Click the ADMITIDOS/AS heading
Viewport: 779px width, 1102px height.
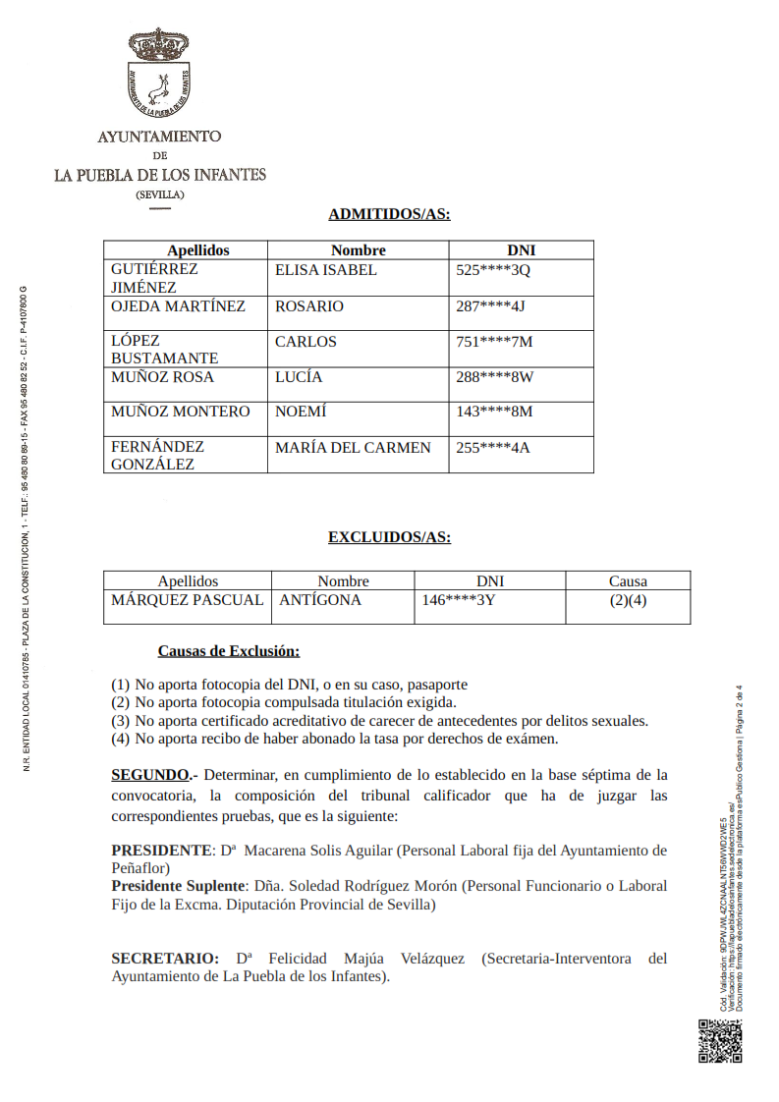389,214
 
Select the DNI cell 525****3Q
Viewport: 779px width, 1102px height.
493,270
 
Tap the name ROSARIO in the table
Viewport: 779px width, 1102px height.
309,306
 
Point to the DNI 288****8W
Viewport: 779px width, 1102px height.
494,377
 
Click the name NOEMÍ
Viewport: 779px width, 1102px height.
301,412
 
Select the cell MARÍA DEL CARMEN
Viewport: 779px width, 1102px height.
353,448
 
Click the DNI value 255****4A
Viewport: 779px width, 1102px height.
493,448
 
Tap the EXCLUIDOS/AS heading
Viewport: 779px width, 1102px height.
389,537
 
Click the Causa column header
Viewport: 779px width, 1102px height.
628,581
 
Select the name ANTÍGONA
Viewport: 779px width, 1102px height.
320,600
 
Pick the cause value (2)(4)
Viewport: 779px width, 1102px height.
628,600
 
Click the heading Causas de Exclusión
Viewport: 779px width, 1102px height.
229,651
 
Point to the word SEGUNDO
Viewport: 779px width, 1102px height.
150,775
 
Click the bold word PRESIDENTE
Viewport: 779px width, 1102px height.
161,851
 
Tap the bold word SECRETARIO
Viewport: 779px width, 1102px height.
165,959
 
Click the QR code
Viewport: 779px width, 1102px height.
719,1041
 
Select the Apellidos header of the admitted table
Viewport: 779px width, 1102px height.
197,250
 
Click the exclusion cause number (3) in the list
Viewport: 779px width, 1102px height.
120,720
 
